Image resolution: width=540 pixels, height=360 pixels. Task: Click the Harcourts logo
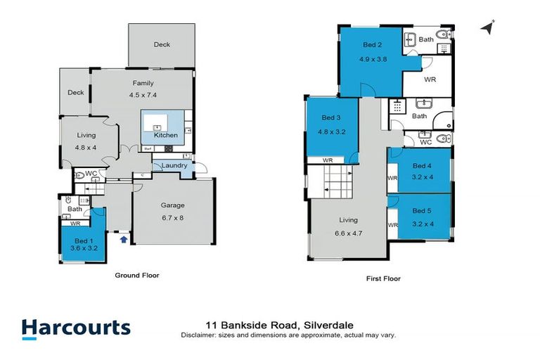76,328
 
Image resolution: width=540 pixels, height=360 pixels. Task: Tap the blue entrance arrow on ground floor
124,240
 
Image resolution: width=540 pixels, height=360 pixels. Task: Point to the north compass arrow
486,27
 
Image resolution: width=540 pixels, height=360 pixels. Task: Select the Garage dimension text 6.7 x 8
173,217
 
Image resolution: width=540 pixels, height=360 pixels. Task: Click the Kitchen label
166,135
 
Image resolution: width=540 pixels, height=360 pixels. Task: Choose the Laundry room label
174,165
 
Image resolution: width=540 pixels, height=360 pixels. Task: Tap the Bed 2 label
372,45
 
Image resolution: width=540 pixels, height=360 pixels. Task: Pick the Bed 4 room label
422,167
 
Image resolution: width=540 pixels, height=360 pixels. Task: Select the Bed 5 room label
422,210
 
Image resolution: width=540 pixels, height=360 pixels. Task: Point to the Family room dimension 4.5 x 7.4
143,95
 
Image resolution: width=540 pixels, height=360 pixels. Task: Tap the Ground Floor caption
137,276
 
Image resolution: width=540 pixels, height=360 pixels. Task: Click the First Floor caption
383,278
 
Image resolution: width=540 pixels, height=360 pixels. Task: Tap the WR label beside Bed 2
430,79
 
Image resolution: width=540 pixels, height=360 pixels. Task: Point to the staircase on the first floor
337,183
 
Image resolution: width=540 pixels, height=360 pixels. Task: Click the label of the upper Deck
162,44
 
